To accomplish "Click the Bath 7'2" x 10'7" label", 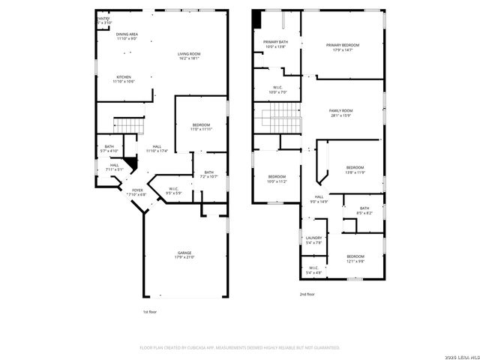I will (208, 174).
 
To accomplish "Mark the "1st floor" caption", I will (150, 311).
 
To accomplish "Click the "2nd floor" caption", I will (307, 295).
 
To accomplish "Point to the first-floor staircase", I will (128, 125).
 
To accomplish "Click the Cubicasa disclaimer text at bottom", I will (240, 347).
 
